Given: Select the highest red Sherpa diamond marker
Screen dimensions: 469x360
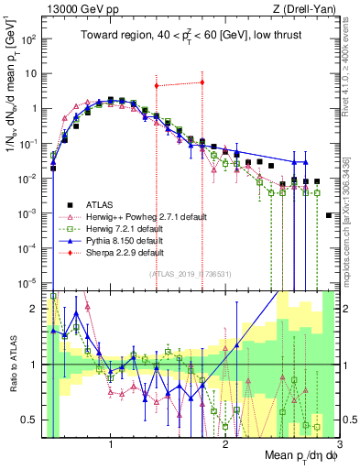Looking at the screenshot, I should [x=202, y=82].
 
